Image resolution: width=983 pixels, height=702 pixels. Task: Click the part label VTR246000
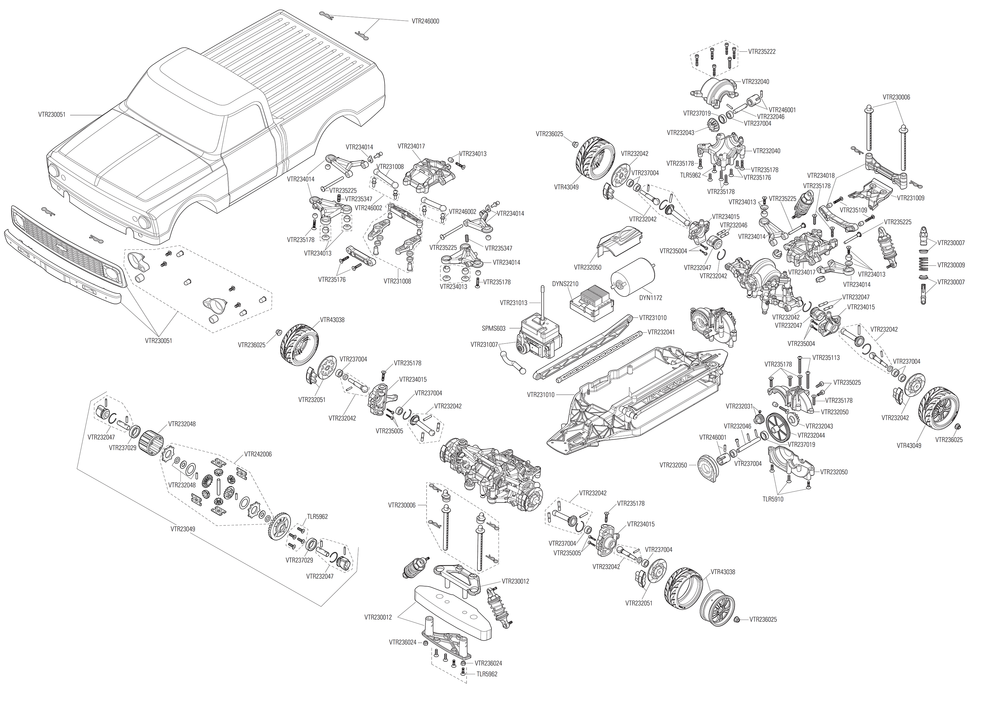pyautogui.click(x=425, y=21)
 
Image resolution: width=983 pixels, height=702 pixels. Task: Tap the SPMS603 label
pyautogui.click(x=494, y=329)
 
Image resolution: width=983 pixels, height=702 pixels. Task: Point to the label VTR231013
pyautogui.click(x=514, y=303)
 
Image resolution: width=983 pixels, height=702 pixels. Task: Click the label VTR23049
pyautogui.click(x=183, y=528)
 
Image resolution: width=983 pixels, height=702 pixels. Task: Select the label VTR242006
pyautogui.click(x=258, y=454)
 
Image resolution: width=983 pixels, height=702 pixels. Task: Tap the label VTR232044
pyautogui.click(x=811, y=435)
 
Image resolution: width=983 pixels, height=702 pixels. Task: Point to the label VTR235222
pyautogui.click(x=762, y=51)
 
